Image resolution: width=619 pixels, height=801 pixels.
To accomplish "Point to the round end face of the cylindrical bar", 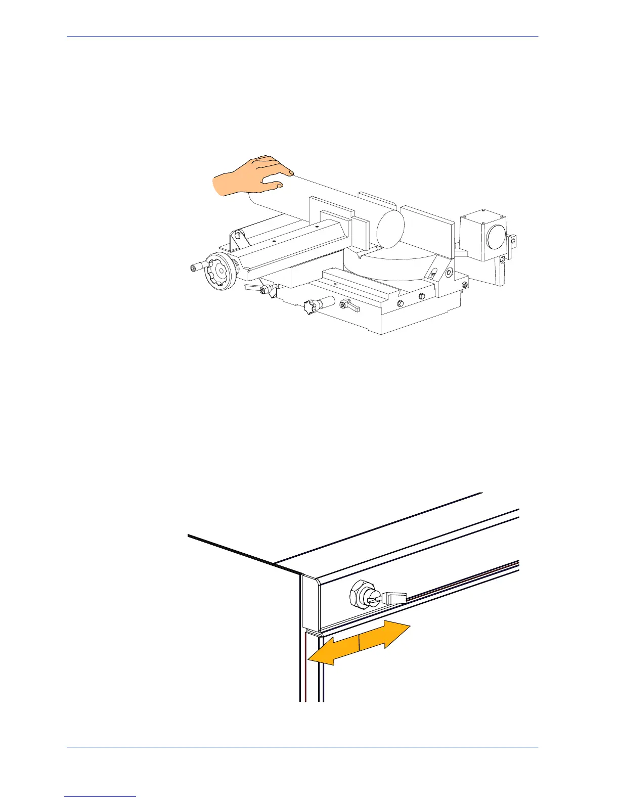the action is coord(391,228).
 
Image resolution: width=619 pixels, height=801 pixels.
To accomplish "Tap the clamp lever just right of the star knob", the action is coord(349,305).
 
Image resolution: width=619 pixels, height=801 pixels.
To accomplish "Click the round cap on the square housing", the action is coord(495,236).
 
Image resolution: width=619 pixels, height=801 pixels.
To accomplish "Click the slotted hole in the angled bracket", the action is coord(433,274).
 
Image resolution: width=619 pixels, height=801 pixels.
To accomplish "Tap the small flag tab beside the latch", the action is coord(396,598).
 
